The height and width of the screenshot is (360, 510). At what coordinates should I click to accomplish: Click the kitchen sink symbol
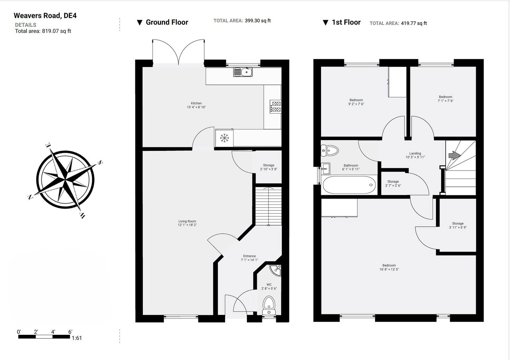pos(243,72)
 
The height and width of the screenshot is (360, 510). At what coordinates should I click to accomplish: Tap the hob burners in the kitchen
pos(275,107)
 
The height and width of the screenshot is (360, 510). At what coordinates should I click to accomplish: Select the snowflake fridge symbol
pos(224,138)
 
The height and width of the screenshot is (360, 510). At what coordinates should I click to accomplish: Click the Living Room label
pos(187,221)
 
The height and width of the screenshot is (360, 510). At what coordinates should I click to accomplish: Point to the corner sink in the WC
pos(275,270)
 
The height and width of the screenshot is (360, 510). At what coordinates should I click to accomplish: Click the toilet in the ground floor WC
pos(269,305)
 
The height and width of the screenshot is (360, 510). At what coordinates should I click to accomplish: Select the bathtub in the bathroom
pos(349,185)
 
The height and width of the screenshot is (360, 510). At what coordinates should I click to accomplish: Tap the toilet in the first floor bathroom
pos(330,151)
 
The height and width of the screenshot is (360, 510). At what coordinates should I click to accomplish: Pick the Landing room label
pos(415,153)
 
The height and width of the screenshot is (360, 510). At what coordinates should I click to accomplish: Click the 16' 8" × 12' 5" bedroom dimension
pos(389,269)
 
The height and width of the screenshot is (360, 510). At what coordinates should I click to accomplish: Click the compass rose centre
pos(65,180)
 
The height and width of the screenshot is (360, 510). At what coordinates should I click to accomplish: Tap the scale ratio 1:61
pos(76,338)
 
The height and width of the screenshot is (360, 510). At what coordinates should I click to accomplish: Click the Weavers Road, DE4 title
pos(45,16)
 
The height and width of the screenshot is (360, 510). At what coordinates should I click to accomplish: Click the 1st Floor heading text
pos(346,22)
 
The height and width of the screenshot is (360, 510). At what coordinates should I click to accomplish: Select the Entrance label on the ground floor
pos(249,256)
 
